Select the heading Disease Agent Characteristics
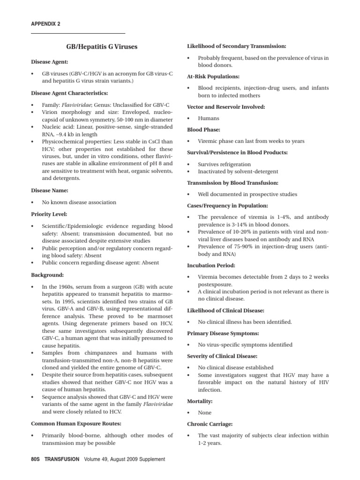[69, 93]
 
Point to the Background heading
[47, 275]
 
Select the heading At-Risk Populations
[213, 76]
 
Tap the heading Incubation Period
[211, 265]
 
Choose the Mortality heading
[200, 402]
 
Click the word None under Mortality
[204, 413]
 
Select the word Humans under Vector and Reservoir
[209, 119]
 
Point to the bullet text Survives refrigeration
[224, 165]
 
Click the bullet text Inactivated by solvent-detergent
[238, 172]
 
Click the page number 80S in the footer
[37, 459]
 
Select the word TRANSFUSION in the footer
[62, 459]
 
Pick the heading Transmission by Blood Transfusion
[232, 183]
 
